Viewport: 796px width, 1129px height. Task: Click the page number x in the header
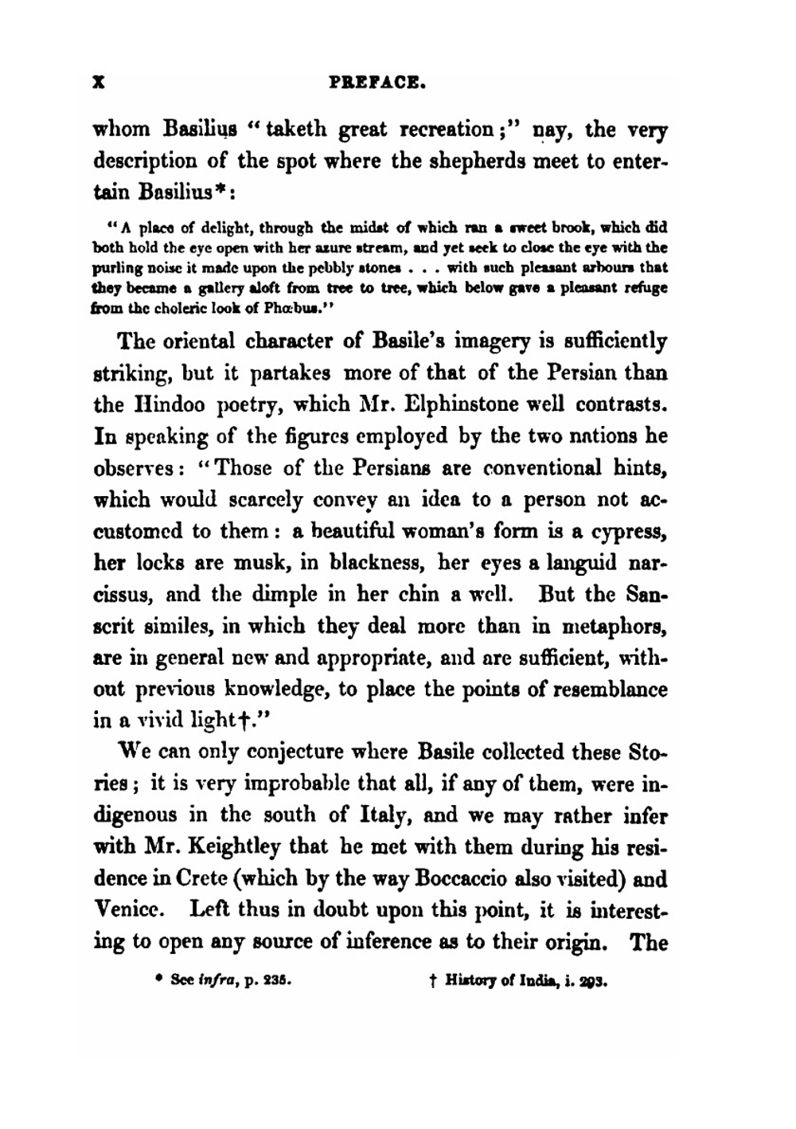point(99,81)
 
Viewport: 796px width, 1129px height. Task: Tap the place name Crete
point(188,880)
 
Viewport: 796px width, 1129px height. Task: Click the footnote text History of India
point(498,982)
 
